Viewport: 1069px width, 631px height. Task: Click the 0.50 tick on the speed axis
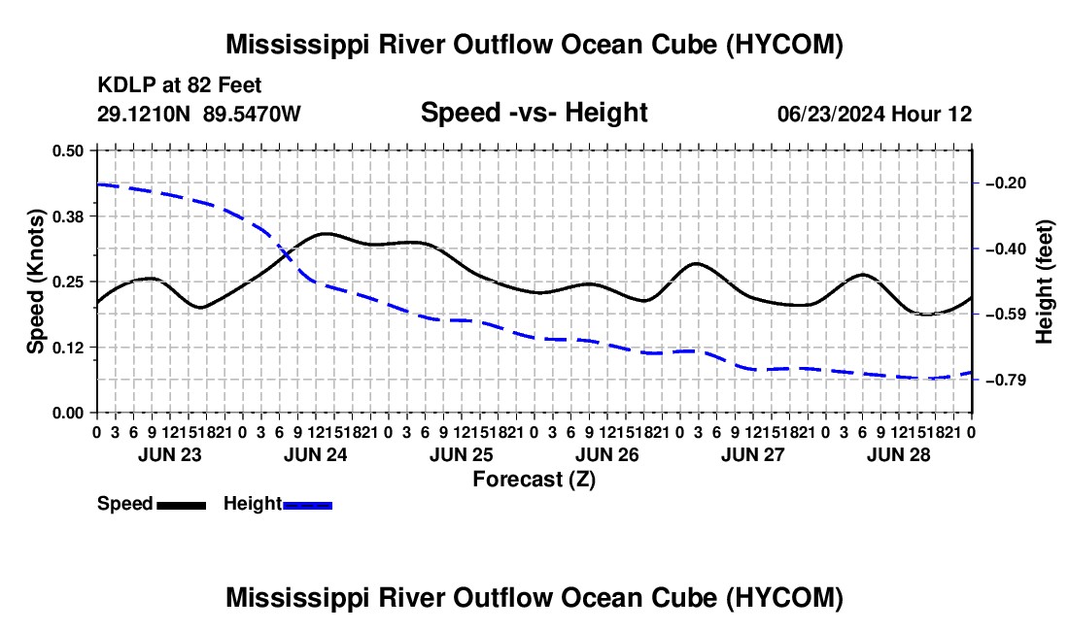[67, 150]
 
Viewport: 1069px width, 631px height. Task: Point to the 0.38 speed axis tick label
[67, 216]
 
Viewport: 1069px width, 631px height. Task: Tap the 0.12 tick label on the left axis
[67, 348]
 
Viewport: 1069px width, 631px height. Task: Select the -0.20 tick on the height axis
[1005, 183]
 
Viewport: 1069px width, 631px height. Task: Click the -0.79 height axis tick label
[1005, 380]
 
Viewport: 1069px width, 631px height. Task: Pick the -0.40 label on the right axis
[1005, 249]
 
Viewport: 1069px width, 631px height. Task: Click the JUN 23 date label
[170, 454]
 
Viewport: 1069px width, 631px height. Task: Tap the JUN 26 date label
[606, 454]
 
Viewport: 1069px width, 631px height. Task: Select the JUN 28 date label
[899, 454]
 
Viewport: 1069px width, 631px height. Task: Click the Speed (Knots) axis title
[35, 282]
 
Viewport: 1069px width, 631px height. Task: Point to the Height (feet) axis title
[1045, 282]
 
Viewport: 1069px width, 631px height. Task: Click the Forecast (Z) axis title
[534, 480]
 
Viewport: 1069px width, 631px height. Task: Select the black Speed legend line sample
[182, 505]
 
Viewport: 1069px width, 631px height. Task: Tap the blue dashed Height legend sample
[307, 505]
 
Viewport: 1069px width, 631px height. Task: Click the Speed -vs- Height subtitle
[534, 113]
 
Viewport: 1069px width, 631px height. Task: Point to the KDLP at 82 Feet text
[180, 85]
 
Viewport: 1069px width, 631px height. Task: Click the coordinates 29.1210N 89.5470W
[198, 114]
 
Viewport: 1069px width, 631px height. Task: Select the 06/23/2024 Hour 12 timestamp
[875, 114]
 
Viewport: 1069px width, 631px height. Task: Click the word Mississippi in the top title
[293, 46]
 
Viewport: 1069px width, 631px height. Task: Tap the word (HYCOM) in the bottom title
[784, 598]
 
